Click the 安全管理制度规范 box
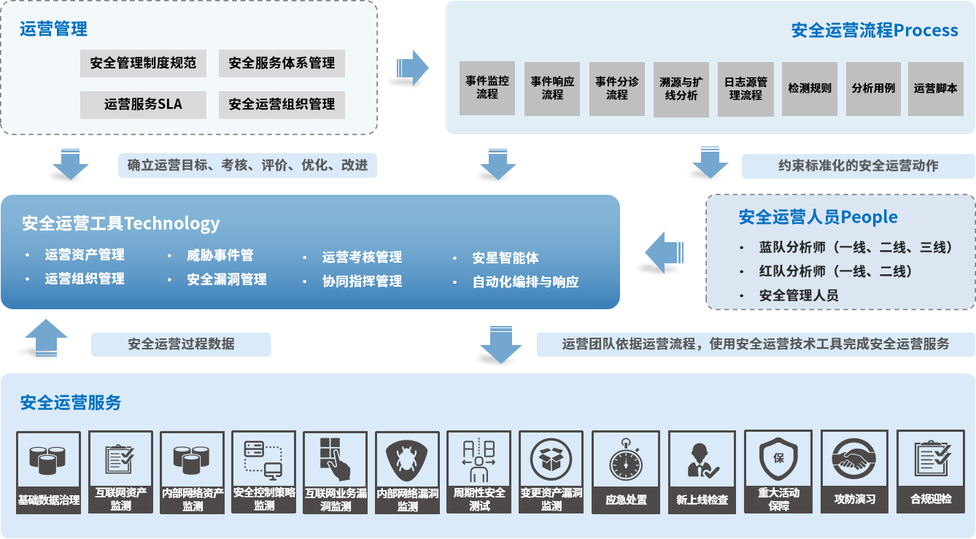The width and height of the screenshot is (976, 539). (144, 63)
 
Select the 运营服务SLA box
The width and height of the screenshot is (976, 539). (144, 104)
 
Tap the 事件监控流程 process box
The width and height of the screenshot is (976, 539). (487, 88)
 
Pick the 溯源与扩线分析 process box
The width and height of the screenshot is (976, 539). (681, 89)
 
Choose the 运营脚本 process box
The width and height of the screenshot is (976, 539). (935, 88)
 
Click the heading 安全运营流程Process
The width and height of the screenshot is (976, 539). (875, 30)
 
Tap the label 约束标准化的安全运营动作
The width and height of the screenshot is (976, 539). (858, 166)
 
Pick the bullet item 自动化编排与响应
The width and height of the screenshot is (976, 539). (525, 282)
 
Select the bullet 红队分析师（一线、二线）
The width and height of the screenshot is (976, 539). (835, 271)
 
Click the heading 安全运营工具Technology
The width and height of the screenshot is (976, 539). (121, 223)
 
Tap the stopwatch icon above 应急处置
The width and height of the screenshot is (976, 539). (625, 460)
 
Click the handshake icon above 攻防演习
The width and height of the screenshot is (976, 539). (854, 459)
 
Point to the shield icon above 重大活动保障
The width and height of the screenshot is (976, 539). (778, 458)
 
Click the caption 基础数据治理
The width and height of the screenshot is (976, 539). (49, 501)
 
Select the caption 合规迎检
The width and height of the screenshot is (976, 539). (931, 500)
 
